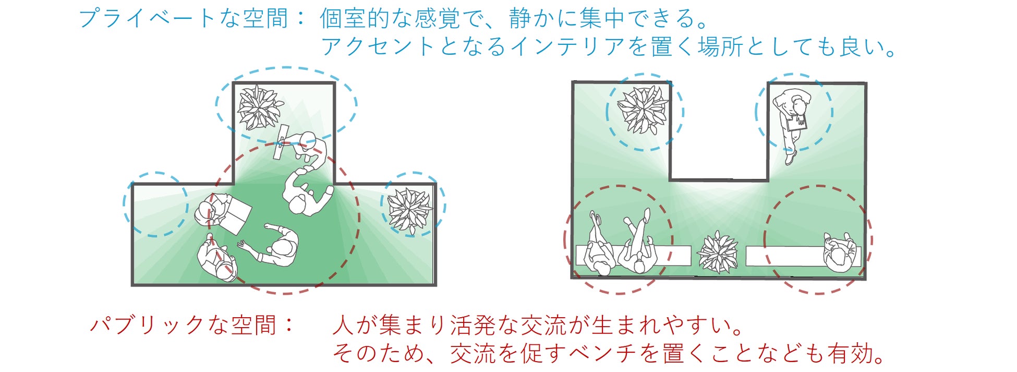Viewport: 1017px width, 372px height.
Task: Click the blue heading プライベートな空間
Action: [x=183, y=19]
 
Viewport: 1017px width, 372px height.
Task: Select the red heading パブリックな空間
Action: [x=183, y=326]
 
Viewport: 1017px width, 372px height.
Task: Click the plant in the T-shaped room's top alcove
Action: [x=259, y=107]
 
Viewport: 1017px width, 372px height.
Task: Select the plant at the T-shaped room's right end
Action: [x=410, y=210]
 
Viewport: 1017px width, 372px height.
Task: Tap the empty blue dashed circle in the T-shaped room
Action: [x=155, y=204]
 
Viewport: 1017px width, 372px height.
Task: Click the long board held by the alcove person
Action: [x=282, y=141]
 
